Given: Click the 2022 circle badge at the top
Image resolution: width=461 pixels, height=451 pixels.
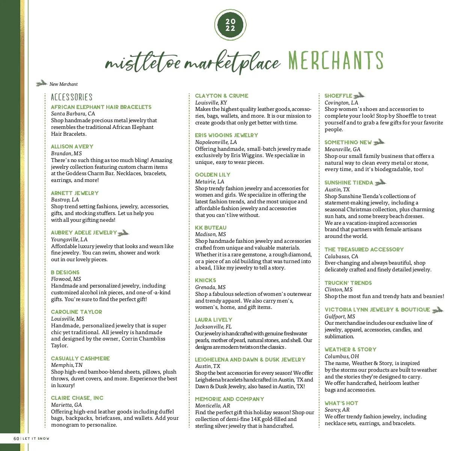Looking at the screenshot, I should pyautogui.click(x=230, y=25).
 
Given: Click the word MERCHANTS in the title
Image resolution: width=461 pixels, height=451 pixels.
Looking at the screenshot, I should pyautogui.click(x=336, y=61).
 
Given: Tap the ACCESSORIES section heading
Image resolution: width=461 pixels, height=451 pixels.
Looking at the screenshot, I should pyautogui.click(x=72, y=97).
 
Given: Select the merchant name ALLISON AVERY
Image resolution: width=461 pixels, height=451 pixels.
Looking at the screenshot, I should pyautogui.click(x=72, y=147).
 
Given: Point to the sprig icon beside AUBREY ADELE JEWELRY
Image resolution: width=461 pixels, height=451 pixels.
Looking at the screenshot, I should pyautogui.click(x=124, y=233).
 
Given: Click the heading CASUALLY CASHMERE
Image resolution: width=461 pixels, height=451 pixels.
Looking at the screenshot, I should pyautogui.click(x=80, y=359).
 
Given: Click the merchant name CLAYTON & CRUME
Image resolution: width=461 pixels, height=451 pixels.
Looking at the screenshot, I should pyautogui.click(x=221, y=96).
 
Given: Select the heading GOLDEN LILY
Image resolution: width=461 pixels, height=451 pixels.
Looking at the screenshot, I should pyautogui.click(x=212, y=175).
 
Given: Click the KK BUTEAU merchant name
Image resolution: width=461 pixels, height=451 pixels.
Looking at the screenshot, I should pyautogui.click(x=211, y=228).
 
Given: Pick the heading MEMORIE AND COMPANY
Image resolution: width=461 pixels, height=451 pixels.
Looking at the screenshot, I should pyautogui.click(x=229, y=399).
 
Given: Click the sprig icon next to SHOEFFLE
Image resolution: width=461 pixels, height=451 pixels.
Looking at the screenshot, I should pyautogui.click(x=359, y=95).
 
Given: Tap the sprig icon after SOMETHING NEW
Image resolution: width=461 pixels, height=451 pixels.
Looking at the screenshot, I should pyautogui.click(x=379, y=142).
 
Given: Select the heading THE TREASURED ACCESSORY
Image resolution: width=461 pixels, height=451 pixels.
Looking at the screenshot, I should pyautogui.click(x=364, y=250).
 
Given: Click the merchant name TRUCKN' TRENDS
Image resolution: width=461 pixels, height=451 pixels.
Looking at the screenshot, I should pyautogui.click(x=348, y=283).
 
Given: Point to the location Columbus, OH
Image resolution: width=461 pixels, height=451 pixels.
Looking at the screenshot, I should pyautogui.click(x=342, y=356).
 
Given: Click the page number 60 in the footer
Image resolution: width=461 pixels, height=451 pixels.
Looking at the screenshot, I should pyautogui.click(x=16, y=439).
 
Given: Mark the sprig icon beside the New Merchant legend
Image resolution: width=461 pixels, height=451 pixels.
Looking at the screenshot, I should pyautogui.click(x=41, y=83).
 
